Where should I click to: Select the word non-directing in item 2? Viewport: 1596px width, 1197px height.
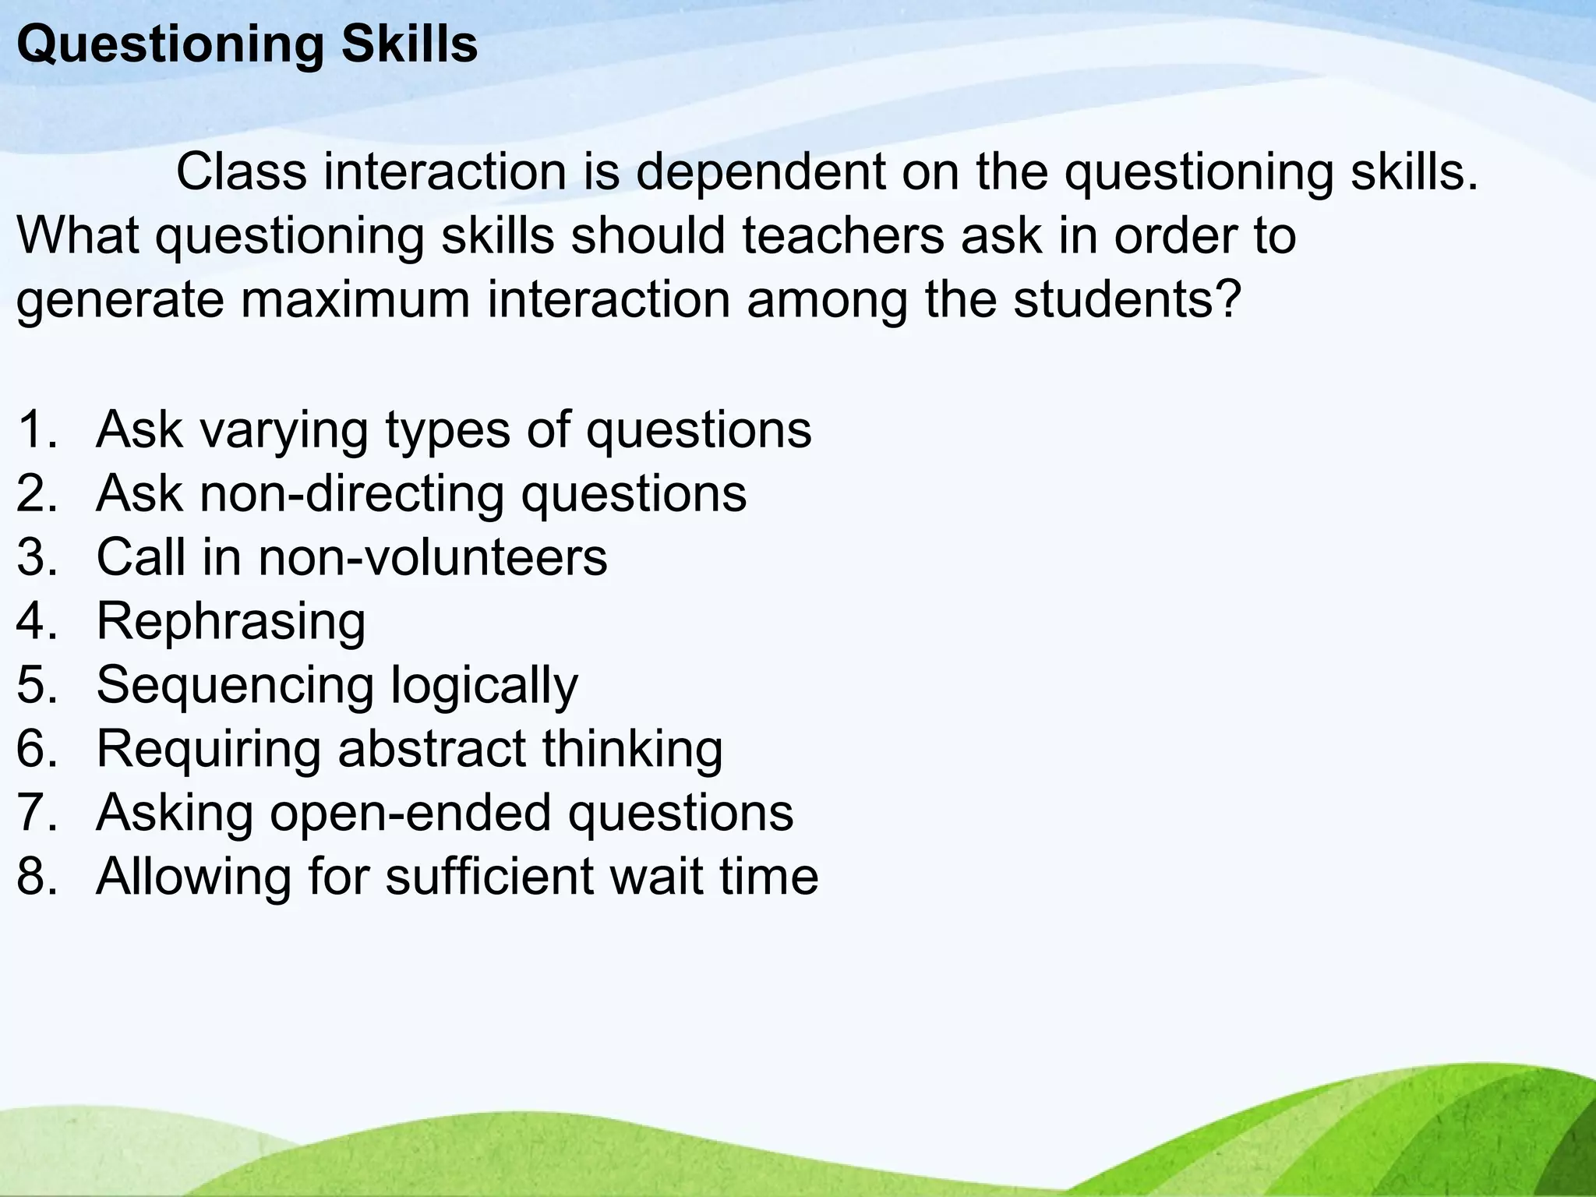coord(351,493)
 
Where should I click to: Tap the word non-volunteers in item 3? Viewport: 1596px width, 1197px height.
coord(433,557)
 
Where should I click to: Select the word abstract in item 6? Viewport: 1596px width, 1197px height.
coord(431,749)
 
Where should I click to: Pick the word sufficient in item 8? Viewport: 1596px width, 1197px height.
coord(489,877)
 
